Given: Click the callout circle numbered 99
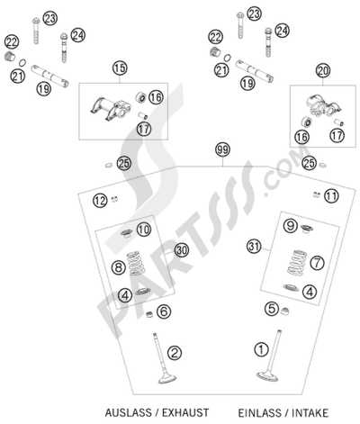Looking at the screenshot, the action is [222, 150].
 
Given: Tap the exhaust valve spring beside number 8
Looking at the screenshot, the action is [135, 264].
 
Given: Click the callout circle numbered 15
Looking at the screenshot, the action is [120, 68].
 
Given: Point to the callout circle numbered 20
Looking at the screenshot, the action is [323, 71].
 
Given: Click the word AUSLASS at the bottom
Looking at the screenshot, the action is [129, 412].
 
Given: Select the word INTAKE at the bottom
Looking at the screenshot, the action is [310, 413].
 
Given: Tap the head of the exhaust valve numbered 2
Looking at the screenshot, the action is [166, 379].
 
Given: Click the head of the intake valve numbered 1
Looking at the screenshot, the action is [267, 376].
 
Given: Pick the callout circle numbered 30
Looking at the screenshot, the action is [182, 250].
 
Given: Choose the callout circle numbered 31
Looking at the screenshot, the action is [254, 247].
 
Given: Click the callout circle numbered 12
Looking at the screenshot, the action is [100, 200].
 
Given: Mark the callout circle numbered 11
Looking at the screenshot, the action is [331, 196].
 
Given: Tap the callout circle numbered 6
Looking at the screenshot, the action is [164, 311].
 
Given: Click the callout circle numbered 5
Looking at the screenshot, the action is [272, 308].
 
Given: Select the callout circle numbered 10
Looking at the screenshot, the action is [144, 230].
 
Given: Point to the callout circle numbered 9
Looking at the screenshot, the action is [291, 226].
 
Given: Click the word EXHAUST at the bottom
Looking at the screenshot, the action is [185, 412].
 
